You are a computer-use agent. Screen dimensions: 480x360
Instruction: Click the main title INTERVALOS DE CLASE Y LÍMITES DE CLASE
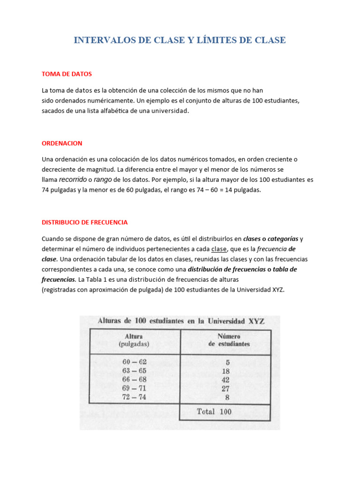point(180,40)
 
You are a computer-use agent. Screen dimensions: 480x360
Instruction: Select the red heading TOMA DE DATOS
point(67,74)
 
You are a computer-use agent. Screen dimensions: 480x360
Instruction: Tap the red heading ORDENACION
point(62,143)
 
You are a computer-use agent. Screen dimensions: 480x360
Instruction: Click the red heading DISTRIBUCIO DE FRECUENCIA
point(84,222)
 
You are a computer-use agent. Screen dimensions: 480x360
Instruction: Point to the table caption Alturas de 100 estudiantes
point(180,321)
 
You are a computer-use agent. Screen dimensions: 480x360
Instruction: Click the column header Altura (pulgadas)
point(134,340)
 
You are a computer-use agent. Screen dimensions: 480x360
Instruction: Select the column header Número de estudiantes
point(229,340)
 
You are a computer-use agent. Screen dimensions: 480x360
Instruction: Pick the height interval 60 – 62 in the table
point(134,362)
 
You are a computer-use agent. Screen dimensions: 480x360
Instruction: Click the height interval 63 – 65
point(134,371)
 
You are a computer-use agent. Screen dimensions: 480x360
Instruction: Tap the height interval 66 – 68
point(134,379)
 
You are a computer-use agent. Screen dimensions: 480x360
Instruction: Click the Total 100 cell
point(214,412)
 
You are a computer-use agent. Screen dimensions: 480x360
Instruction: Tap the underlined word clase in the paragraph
point(219,249)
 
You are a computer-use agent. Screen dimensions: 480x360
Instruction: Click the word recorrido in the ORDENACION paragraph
point(73,180)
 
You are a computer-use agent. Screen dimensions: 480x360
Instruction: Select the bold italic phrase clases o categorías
point(270,239)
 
